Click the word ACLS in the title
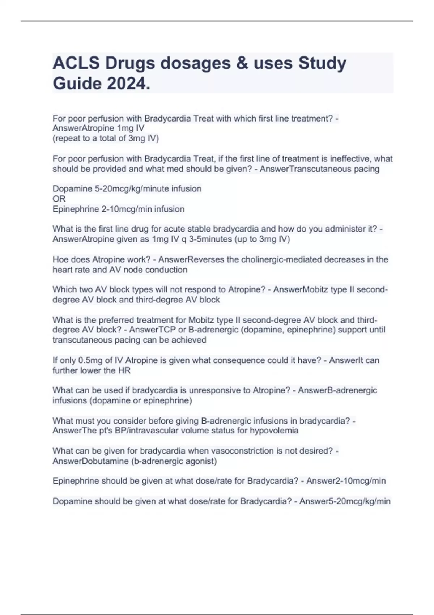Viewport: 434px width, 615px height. pyautogui.click(x=76, y=63)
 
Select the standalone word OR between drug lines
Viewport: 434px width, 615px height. pyautogui.click(x=59, y=199)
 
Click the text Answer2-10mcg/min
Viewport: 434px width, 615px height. pyautogui.click(x=346, y=481)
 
